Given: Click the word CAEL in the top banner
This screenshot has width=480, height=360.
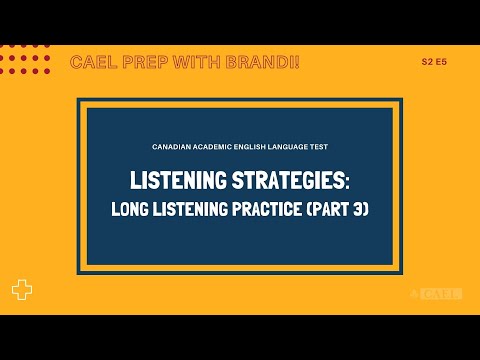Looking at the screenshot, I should click(x=91, y=63).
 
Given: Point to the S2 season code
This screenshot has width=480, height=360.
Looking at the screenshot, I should click(x=427, y=62).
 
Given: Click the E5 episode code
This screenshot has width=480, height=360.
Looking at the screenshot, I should click(x=442, y=62).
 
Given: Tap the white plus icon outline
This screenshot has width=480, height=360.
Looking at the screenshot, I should click(x=22, y=290).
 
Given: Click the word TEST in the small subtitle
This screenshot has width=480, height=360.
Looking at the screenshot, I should click(x=319, y=147).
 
